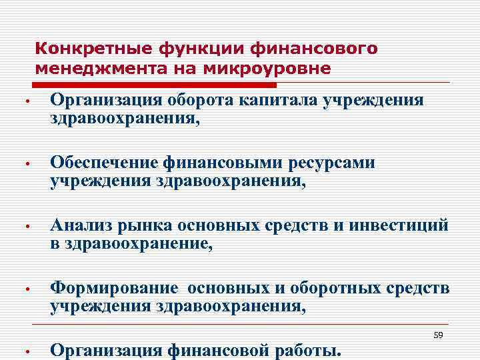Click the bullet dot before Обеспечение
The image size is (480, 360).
(x=22, y=164)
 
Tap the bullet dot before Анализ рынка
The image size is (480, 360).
(x=22, y=227)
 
